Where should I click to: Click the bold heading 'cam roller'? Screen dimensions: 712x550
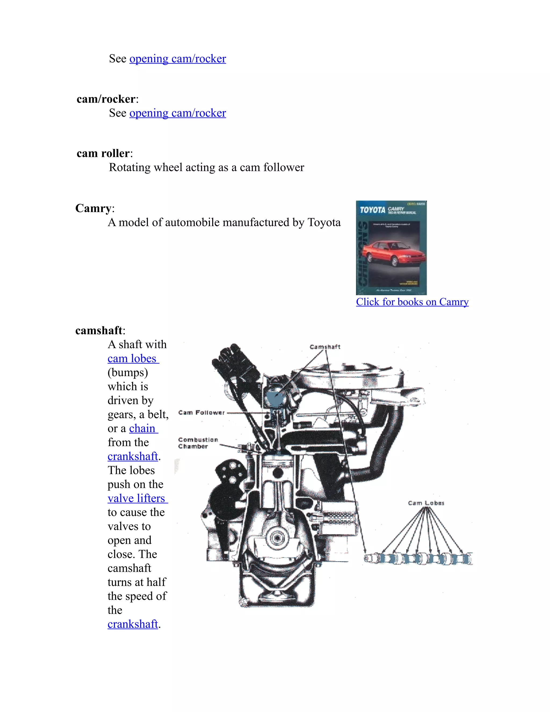tap(103, 153)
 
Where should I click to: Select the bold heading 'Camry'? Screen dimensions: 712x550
tap(93, 208)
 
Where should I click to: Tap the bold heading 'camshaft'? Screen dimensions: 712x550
tap(99, 330)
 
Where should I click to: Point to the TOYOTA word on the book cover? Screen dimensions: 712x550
tap(372, 210)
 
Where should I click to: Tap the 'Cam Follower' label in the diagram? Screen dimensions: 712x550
tap(202, 412)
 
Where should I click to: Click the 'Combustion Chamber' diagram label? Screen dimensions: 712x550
tap(197, 443)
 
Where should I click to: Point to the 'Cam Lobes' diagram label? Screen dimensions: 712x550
tap(426, 503)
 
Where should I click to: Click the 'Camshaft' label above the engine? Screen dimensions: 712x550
tap(325, 347)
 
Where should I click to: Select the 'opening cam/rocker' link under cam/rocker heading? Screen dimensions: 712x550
tap(178, 113)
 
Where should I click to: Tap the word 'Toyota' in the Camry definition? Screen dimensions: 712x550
tap(324, 222)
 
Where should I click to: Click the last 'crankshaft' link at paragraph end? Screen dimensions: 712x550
tap(133, 624)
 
